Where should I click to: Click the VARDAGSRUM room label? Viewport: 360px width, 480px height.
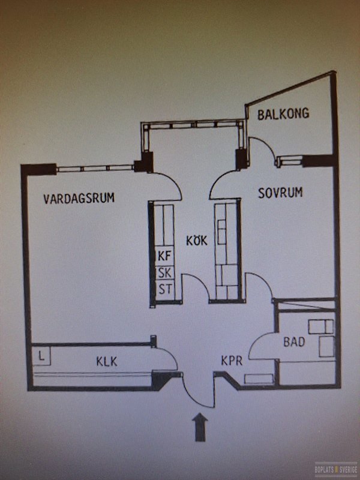[x=79, y=198]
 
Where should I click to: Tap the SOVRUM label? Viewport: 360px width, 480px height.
[x=280, y=193]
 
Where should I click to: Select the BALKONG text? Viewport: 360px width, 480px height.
[x=283, y=114]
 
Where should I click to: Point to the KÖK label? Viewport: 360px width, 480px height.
[x=197, y=241]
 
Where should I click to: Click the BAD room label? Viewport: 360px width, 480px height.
[x=294, y=341]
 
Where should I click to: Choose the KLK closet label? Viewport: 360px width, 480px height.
[x=107, y=362]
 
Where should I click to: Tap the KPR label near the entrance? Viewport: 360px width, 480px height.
[x=232, y=361]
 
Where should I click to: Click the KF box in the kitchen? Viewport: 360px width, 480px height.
[x=165, y=256]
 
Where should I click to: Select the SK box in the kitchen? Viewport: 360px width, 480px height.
[x=165, y=272]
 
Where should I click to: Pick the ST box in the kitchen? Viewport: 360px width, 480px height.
[x=165, y=289]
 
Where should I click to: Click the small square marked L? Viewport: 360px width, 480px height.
[x=41, y=356]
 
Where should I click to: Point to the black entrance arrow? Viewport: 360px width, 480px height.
[x=200, y=427]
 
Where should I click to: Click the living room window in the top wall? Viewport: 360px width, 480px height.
[x=95, y=168]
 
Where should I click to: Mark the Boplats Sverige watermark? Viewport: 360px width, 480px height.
[x=336, y=469]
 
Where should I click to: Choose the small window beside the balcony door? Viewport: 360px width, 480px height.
[x=290, y=161]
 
